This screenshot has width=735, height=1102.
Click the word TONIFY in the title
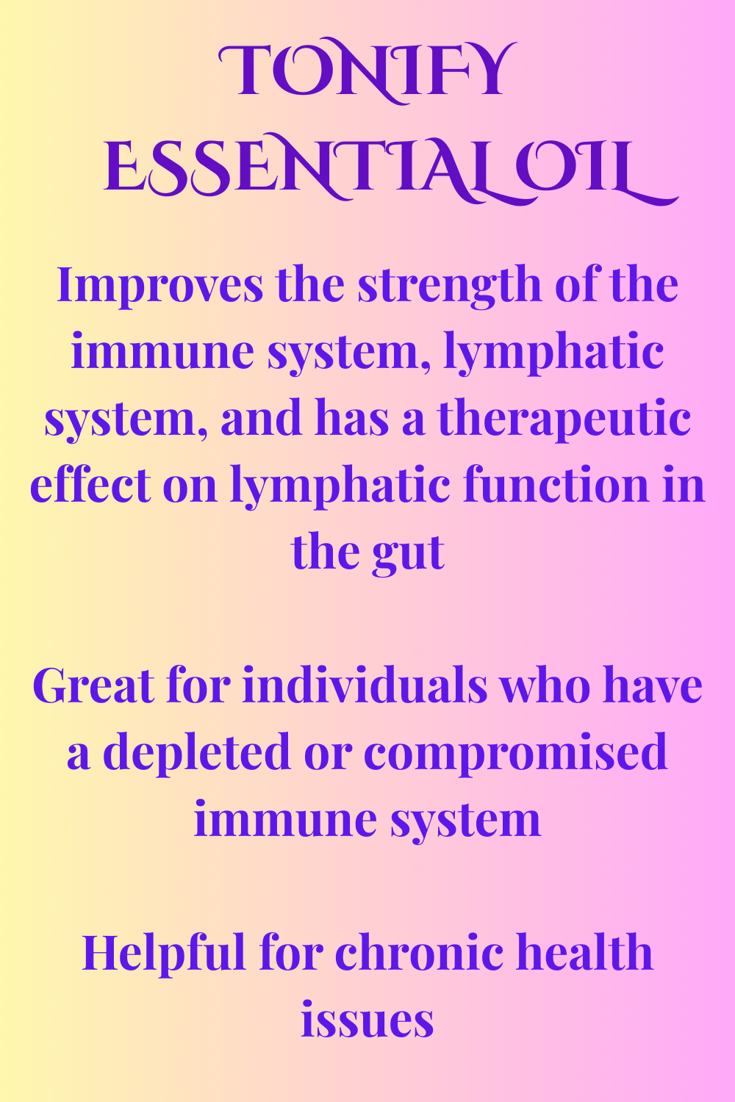pyautogui.click(x=367, y=71)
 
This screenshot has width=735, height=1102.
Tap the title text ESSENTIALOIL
pyautogui.click(x=391, y=168)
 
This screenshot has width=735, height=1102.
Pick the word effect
pyautogui.click(x=90, y=486)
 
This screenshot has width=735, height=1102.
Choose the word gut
pyautogui.click(x=408, y=554)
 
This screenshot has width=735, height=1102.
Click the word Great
pyautogui.click(x=93, y=685)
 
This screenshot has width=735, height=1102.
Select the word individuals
pyautogui.click(x=365, y=685)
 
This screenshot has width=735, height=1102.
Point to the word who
pyautogui.click(x=545, y=685)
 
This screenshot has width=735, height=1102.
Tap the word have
pyautogui.click(x=653, y=685)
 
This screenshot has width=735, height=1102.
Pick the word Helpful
pyautogui.click(x=163, y=955)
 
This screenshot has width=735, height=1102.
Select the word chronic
pyautogui.click(x=419, y=954)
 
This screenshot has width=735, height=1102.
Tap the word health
pyautogui.click(x=584, y=954)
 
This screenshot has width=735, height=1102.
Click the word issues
pyautogui.click(x=367, y=1021)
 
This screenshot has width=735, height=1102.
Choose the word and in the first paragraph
pyautogui.click(x=261, y=417)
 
